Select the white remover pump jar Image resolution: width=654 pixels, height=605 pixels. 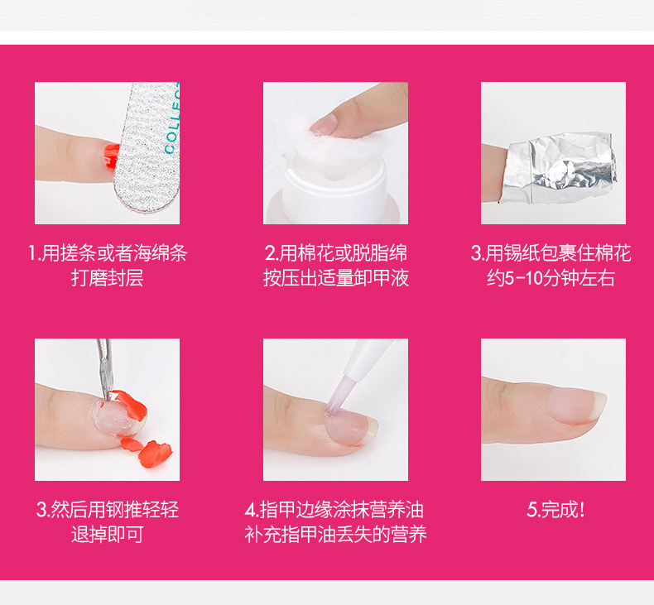pyautogui.click(x=334, y=188)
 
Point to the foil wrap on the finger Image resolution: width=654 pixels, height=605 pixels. pyautogui.click(x=559, y=168)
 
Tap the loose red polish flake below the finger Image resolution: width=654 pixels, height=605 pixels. pyautogui.click(x=155, y=454)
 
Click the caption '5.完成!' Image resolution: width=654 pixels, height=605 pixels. pyautogui.click(x=555, y=510)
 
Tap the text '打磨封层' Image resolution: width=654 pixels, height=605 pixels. pyautogui.click(x=107, y=278)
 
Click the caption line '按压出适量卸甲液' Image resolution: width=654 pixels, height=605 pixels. pyautogui.click(x=336, y=278)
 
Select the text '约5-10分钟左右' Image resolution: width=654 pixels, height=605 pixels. pyautogui.click(x=551, y=278)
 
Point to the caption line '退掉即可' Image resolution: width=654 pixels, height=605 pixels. pyautogui.click(x=107, y=534)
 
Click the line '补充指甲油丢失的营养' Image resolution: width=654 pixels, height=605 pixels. pyautogui.click(x=336, y=534)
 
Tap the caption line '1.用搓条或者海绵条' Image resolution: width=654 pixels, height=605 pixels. pyautogui.click(x=108, y=253)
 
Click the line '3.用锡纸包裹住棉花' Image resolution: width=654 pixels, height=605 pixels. pyautogui.click(x=551, y=253)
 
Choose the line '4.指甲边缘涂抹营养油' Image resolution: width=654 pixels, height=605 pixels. pyautogui.click(x=334, y=510)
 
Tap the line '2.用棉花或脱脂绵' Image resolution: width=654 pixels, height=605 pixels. pyautogui.click(x=336, y=253)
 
